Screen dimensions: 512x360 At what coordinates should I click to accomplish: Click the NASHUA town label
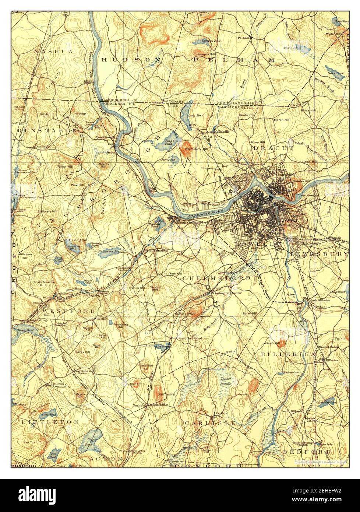(53, 52)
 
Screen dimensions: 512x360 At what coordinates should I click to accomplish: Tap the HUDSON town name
(131, 59)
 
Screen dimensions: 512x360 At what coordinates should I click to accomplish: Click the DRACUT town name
(273, 148)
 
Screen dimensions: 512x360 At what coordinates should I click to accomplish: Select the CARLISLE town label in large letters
(210, 423)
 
